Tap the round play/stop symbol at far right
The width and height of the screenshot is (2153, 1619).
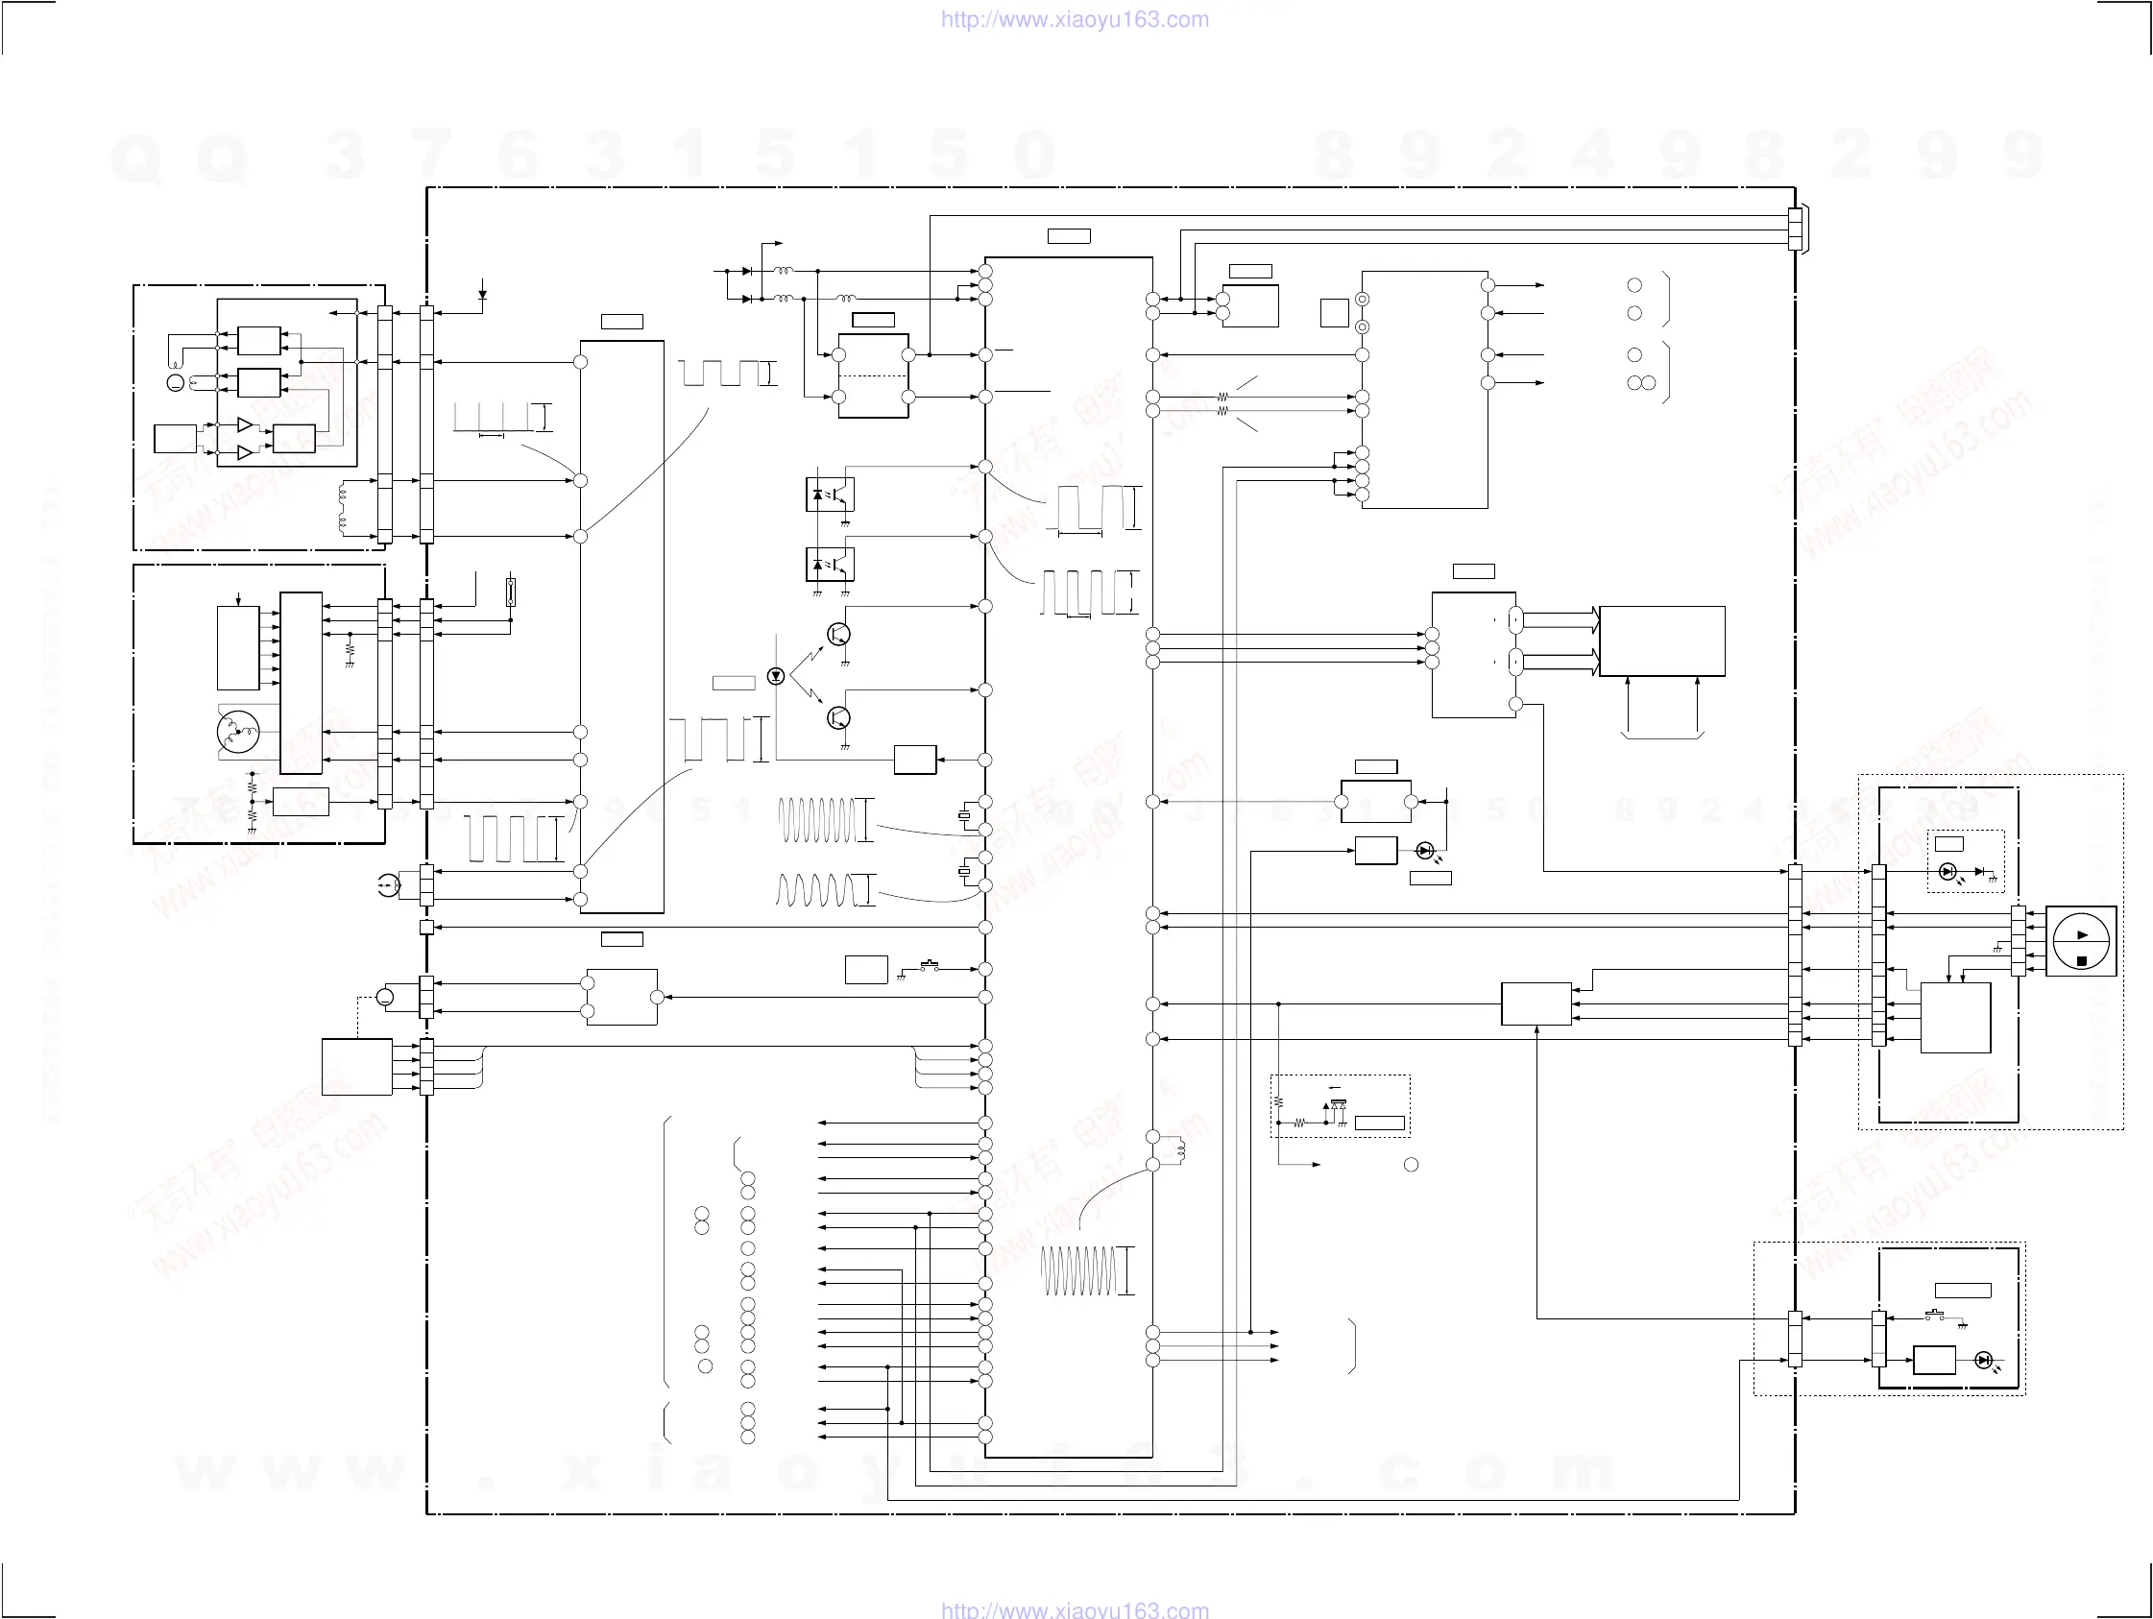2081,941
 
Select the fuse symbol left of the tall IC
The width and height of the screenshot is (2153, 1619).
510,592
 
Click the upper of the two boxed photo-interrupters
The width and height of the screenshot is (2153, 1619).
831,495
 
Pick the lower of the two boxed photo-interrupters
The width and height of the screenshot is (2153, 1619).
831,564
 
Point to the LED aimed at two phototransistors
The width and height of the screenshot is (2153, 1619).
776,676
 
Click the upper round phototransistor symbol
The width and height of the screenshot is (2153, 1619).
837,635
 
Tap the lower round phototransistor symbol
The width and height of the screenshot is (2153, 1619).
837,717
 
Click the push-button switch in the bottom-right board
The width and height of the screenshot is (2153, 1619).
1934,1317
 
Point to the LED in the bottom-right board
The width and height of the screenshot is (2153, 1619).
1985,1360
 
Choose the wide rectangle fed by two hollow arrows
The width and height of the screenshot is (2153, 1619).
1661,640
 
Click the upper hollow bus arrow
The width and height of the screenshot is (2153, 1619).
1560,619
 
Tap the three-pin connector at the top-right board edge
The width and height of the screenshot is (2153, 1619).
1795,230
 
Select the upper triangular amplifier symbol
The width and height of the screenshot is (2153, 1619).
244,425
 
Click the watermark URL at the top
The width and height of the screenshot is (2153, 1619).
1075,19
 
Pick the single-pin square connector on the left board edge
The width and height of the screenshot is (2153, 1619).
425,927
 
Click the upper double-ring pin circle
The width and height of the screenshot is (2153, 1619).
1362,300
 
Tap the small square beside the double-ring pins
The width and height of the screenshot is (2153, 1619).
1334,312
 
